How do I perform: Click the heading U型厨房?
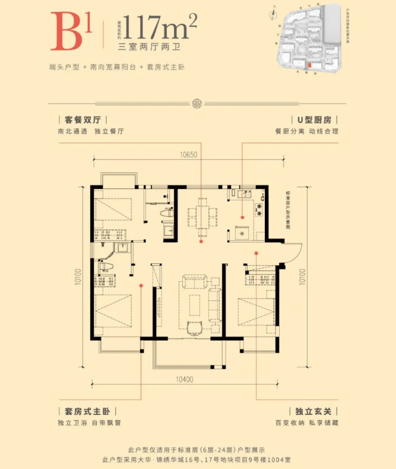(314, 118)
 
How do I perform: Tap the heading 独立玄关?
(314, 411)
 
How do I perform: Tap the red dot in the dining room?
(202, 241)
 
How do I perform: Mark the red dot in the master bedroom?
(141, 285)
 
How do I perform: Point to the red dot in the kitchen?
(242, 216)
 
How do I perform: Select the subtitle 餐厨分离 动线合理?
(307, 131)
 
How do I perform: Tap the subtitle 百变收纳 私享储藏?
(307, 423)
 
